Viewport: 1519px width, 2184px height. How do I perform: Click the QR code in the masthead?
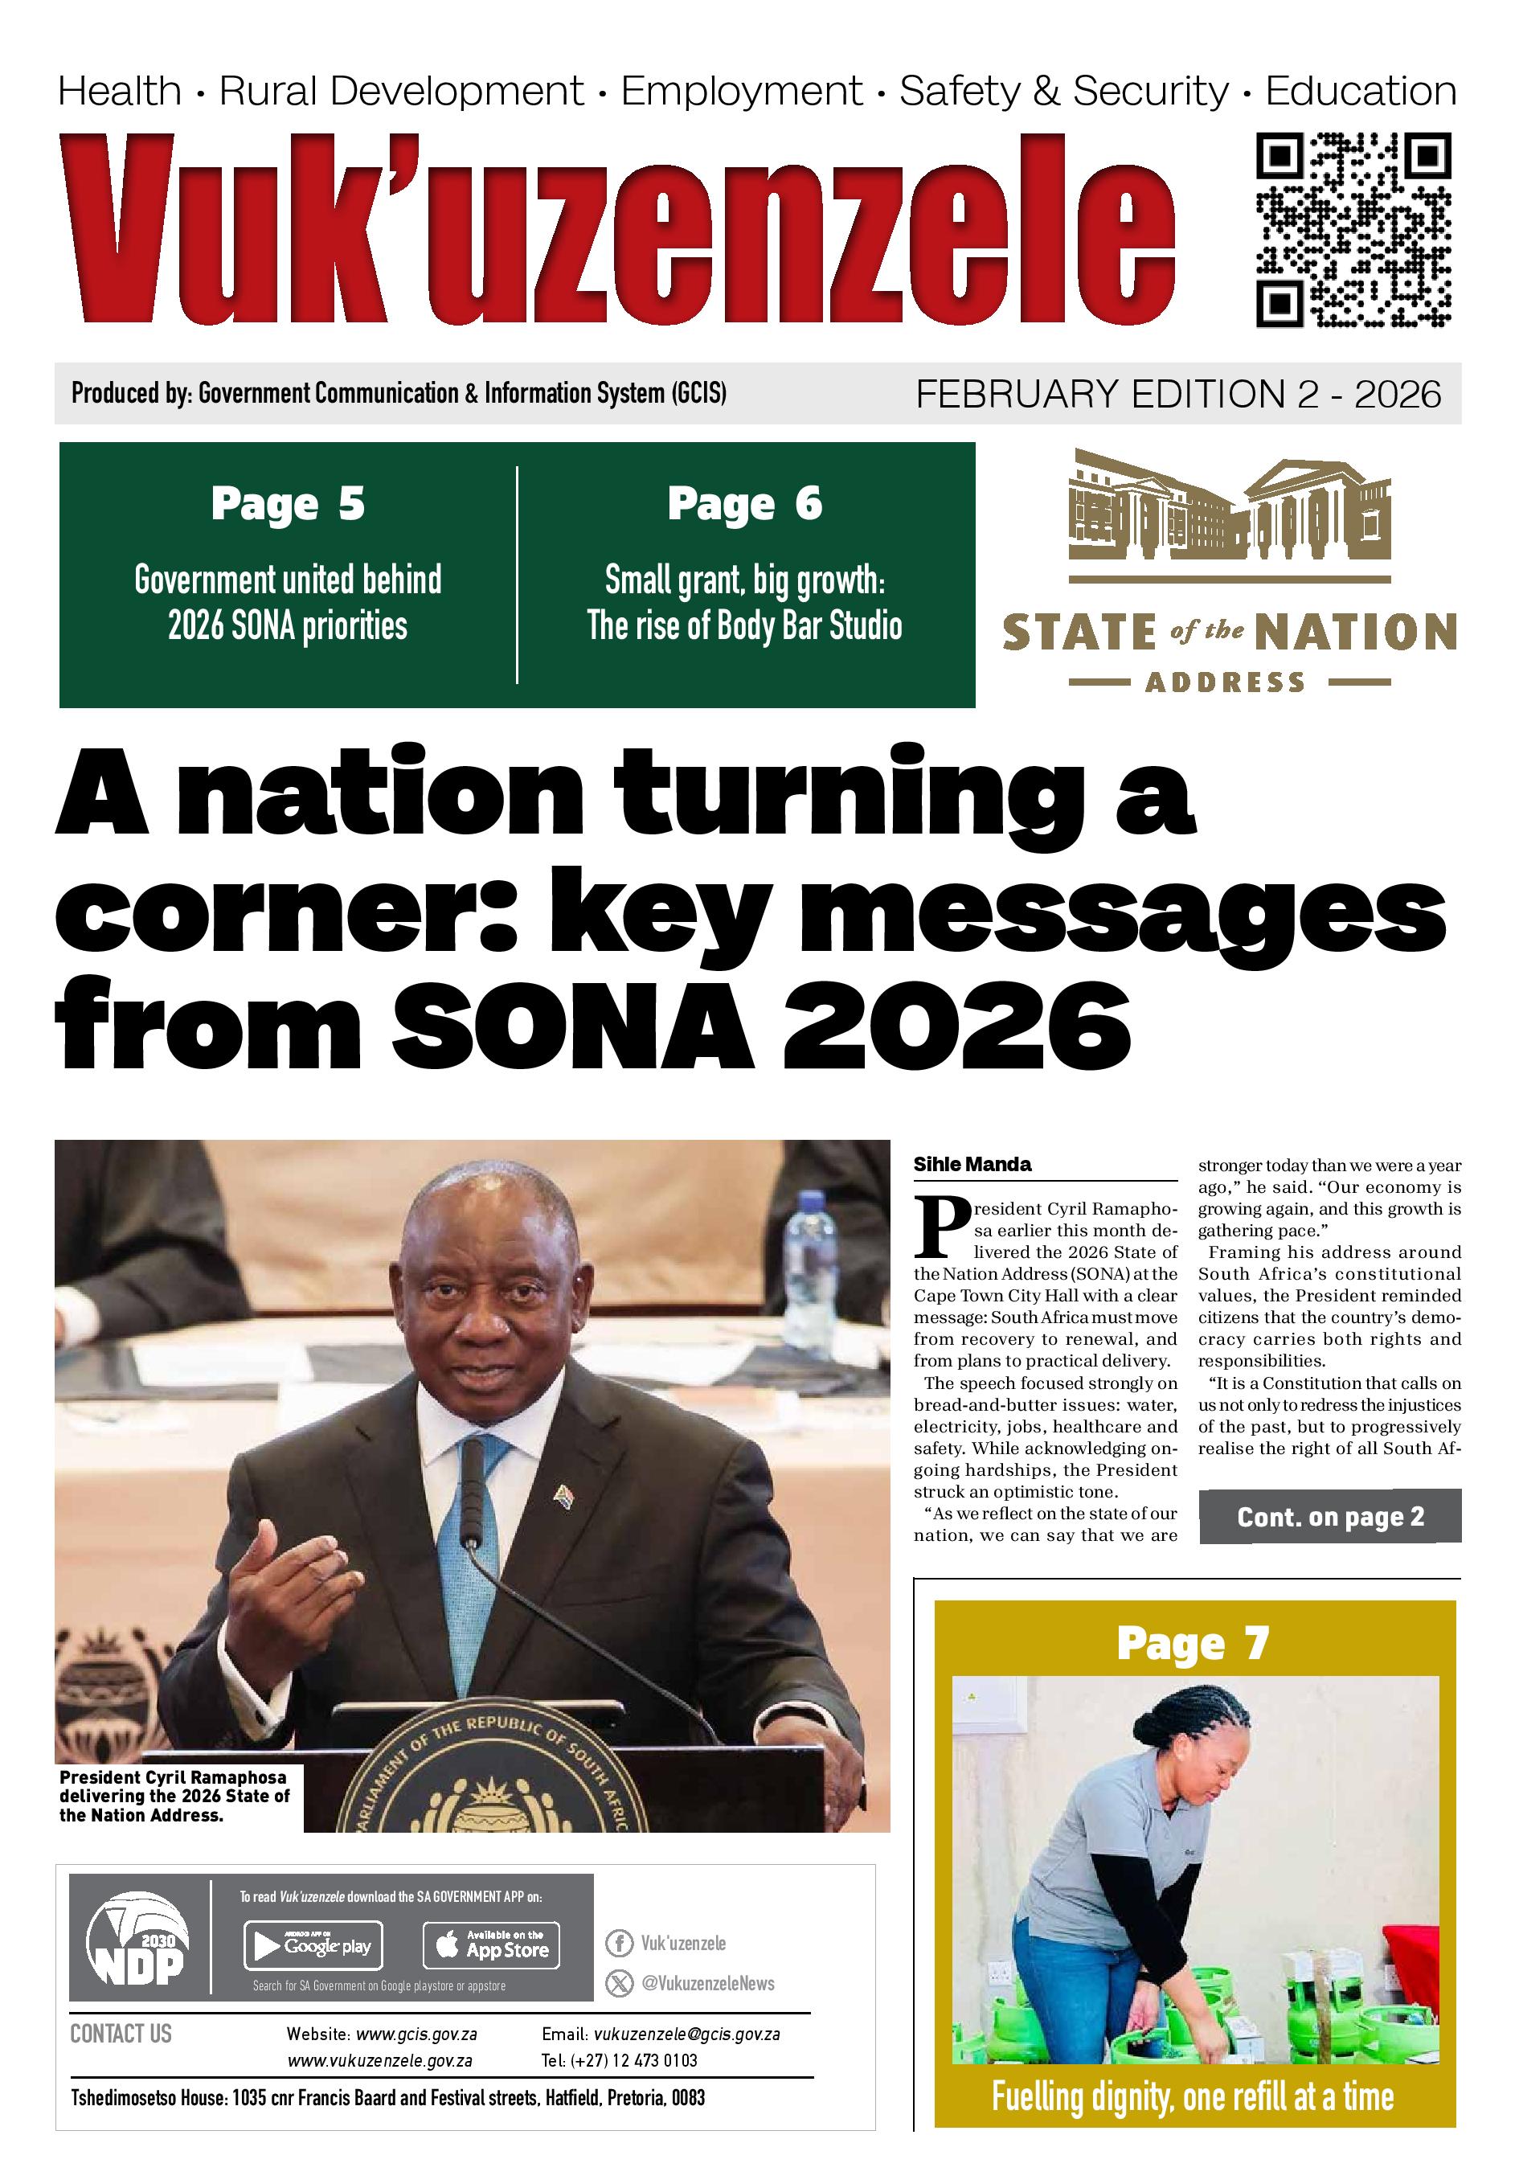pos(1353,230)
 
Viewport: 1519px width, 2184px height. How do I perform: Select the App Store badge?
pos(491,1945)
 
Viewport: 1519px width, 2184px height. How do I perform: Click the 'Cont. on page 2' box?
pos(1329,1516)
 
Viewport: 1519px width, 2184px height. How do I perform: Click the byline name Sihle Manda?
pos(972,1164)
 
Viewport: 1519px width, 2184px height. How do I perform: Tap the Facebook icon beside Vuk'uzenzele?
pos(619,1942)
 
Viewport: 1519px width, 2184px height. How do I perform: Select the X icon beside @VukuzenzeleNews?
pos(619,1982)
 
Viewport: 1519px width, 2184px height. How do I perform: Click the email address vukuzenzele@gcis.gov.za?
pos(686,2034)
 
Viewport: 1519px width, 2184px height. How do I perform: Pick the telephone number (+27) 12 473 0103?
pos(633,2060)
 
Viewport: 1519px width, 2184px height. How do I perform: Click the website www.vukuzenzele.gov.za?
pos(379,2060)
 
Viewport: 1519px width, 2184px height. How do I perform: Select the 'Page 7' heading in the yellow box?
pos(1193,1644)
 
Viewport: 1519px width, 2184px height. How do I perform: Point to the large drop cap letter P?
pos(940,1227)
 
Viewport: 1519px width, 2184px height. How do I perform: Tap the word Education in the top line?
pos(1360,92)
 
